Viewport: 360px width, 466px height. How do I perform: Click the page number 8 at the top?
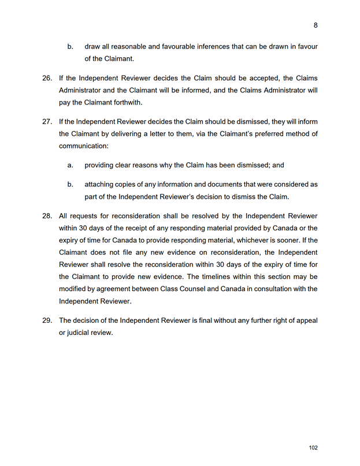tap(316, 25)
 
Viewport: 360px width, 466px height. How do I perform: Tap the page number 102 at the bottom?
tap(313, 448)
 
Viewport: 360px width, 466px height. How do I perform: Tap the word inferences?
tap(209, 46)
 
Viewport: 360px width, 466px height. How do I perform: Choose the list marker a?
tap(70, 165)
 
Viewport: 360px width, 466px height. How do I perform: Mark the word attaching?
tap(101, 184)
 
